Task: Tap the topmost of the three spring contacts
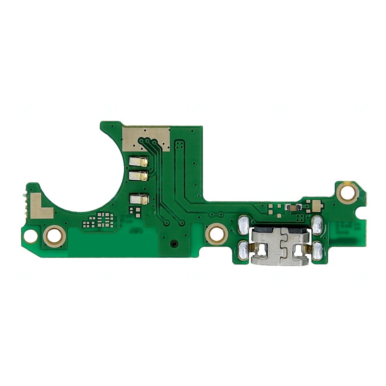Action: coord(138,162)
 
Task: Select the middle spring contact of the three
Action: coord(138,176)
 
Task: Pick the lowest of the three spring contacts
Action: coord(139,199)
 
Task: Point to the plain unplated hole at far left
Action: coord(30,235)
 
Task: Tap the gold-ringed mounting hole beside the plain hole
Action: coord(54,235)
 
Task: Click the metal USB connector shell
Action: coord(281,247)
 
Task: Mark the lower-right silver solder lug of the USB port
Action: coord(317,250)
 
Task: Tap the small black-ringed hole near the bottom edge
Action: coord(174,244)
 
